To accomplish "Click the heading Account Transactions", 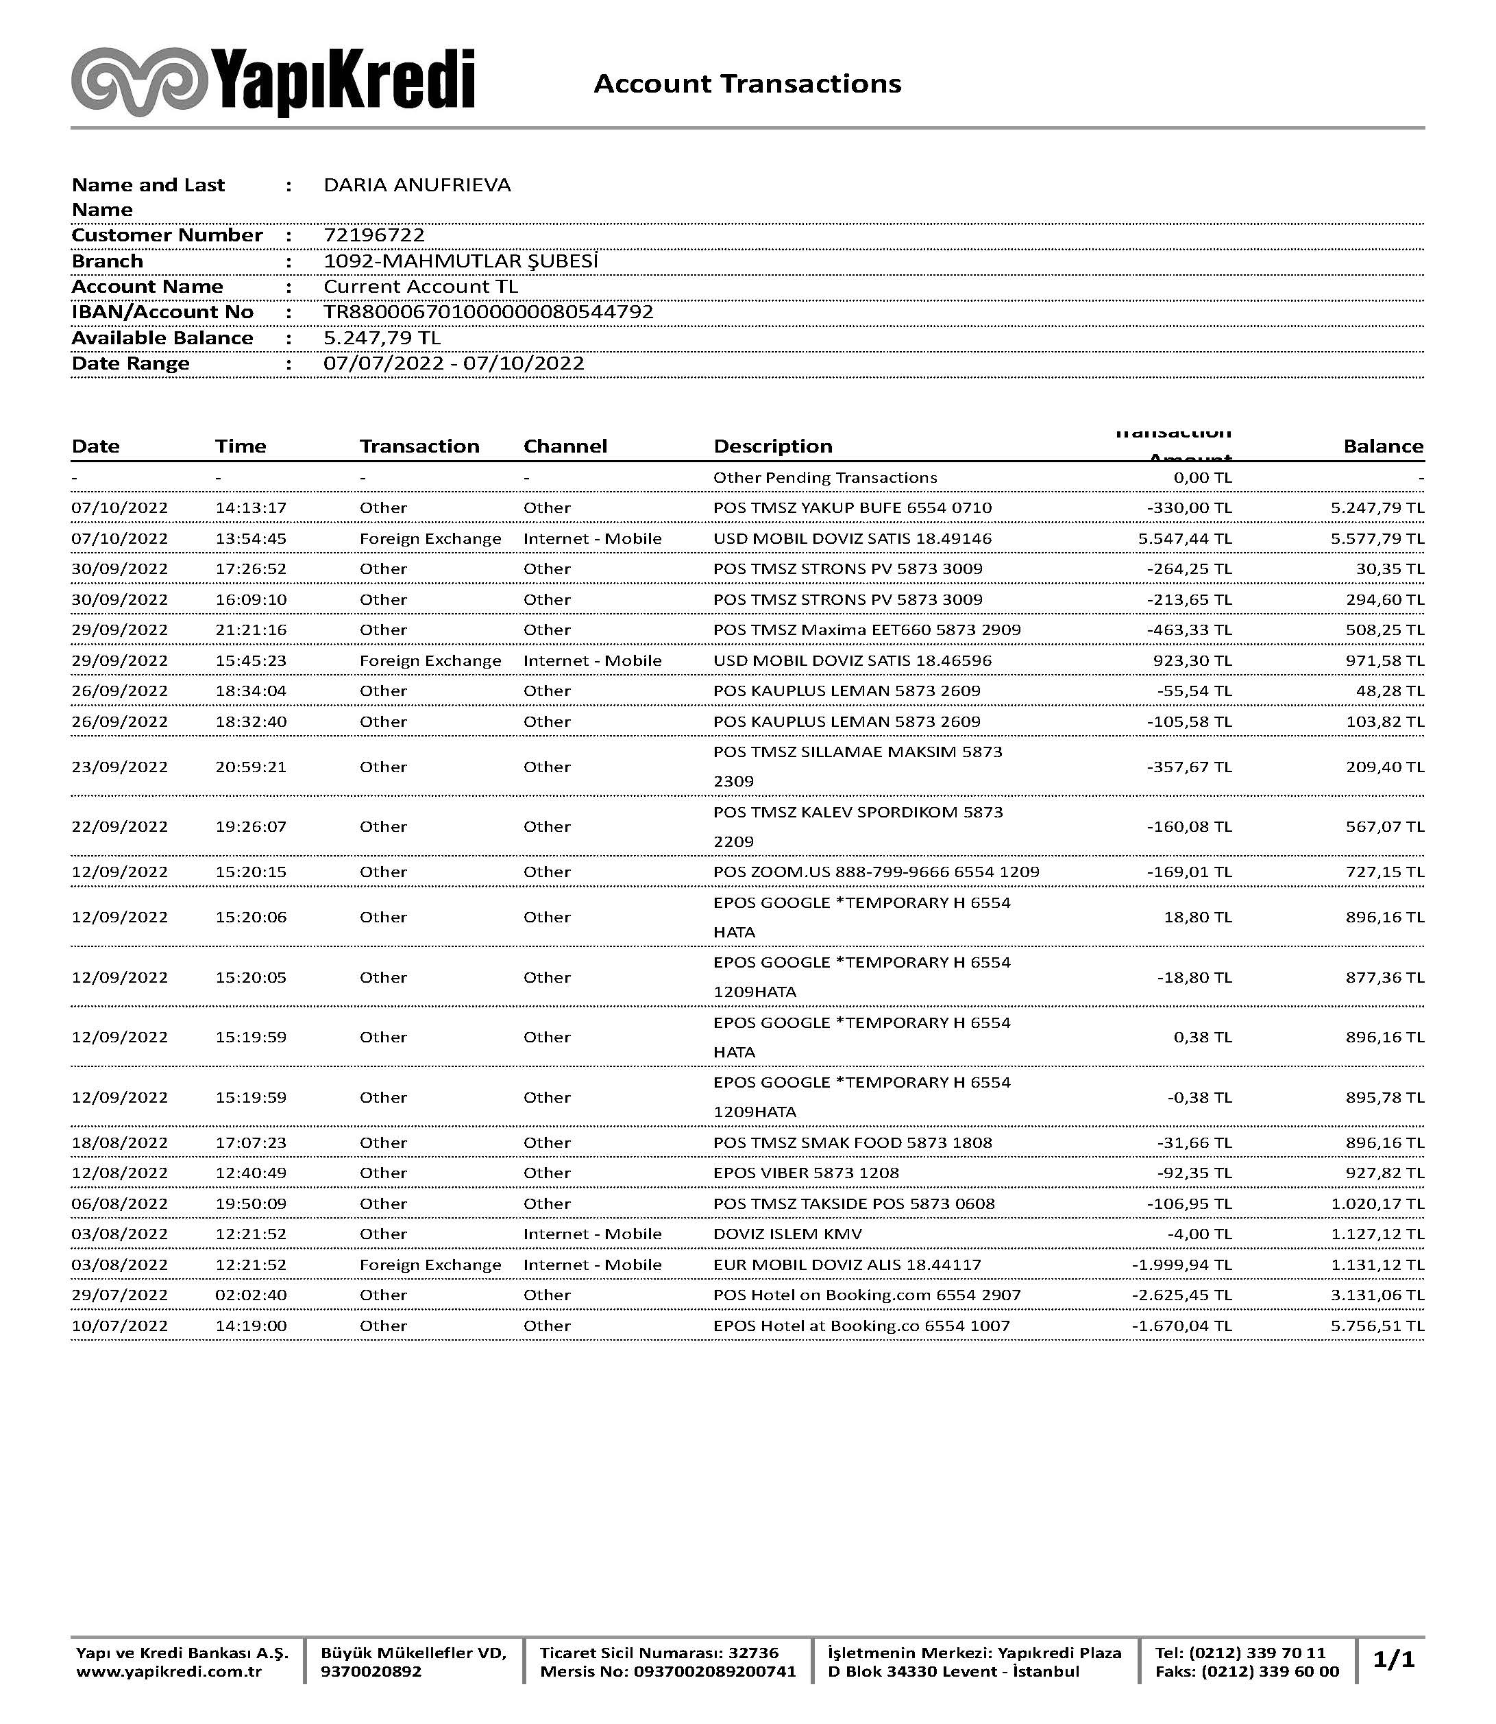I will pos(747,84).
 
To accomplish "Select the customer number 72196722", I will pos(374,235).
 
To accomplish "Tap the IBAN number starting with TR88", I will pos(489,313).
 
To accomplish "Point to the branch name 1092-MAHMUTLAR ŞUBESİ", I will pos(461,261).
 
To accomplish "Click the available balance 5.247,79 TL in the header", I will pos(382,338).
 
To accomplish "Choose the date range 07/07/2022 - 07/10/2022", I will pos(453,363).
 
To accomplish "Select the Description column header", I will pos(772,446).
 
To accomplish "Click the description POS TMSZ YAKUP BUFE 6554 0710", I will pos(852,508).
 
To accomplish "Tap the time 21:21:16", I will pos(250,630).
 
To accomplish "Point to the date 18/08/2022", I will pos(119,1142).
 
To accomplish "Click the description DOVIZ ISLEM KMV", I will pos(787,1234).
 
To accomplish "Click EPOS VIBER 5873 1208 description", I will pos(806,1173).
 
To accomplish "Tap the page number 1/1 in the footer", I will pos(1393,1660).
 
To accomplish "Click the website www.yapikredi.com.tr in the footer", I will pos(169,1671).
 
